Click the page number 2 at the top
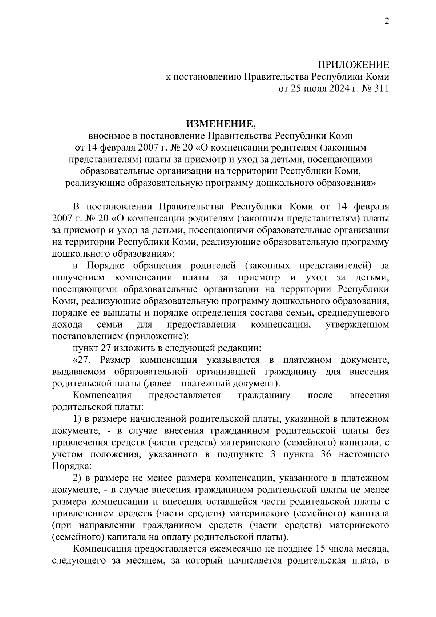click(387, 21)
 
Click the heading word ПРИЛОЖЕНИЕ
click(353, 65)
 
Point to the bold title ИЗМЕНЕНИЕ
click(221, 124)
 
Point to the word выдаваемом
click(78, 372)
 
